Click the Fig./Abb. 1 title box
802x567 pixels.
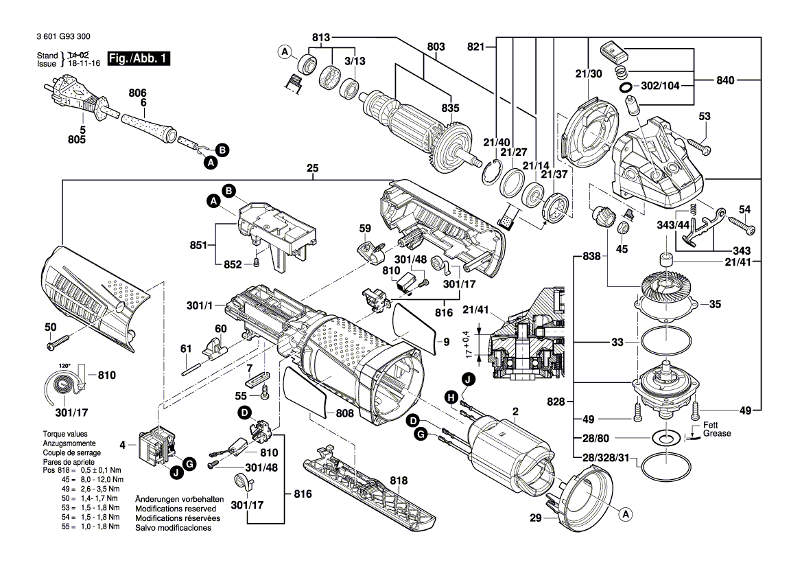pos(139,58)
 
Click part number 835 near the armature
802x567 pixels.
pos(450,108)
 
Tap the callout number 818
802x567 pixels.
pos(399,481)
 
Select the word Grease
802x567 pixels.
pos(716,433)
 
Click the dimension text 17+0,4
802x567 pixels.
pos(467,344)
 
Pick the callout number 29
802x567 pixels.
pos(535,518)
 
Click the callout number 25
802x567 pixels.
pos(313,168)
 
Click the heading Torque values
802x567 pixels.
pos(65,434)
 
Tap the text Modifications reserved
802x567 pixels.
pos(176,509)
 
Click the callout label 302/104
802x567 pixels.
pos(660,85)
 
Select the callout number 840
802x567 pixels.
pos(725,80)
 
